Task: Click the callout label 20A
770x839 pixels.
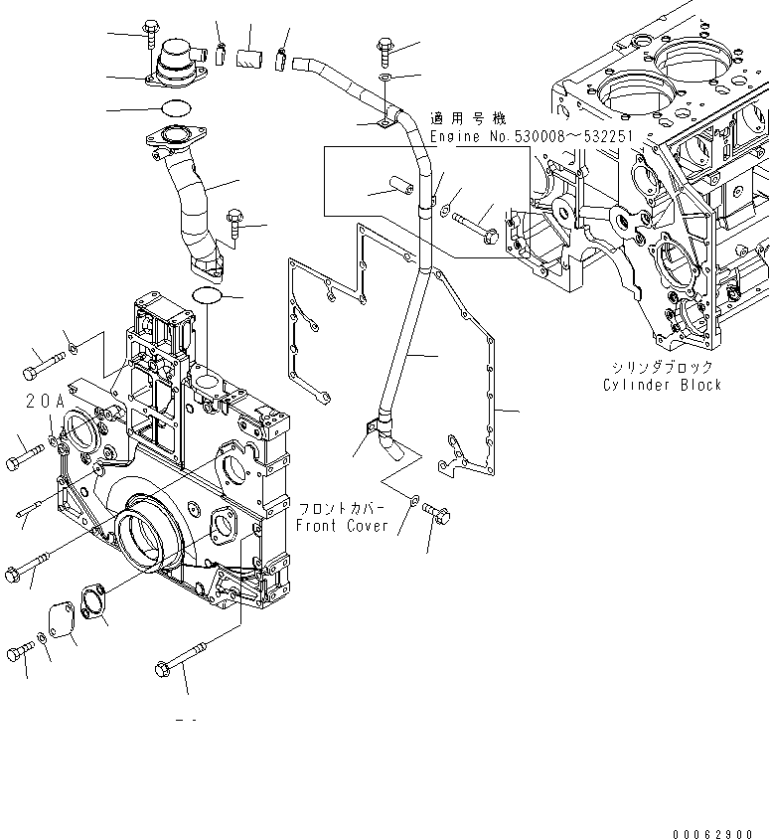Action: (45, 402)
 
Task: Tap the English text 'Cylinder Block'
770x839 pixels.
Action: (663, 385)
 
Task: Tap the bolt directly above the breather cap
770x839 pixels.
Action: (151, 34)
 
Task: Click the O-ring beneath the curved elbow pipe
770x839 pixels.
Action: (207, 295)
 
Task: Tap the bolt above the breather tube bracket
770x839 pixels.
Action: (385, 48)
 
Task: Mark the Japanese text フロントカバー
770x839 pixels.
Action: (343, 508)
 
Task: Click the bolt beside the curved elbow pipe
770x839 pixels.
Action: (235, 221)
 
